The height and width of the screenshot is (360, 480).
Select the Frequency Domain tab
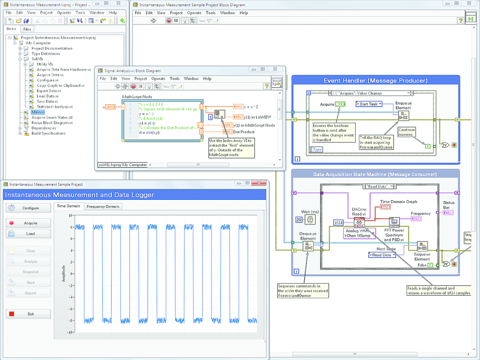pyautogui.click(x=103, y=206)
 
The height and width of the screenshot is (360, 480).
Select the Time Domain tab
pyautogui.click(x=68, y=206)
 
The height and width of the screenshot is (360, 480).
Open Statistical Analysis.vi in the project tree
pyautogui.click(x=54, y=107)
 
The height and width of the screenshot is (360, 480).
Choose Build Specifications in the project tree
pyautogui.click(x=48, y=133)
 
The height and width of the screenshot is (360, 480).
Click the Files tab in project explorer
pyautogui.click(x=27, y=29)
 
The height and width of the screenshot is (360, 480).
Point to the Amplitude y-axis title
pyautogui.click(x=64, y=274)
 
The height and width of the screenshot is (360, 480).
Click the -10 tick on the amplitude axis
pyautogui.click(x=68, y=332)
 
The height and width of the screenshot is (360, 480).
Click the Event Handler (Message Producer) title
pyautogui.click(x=375, y=81)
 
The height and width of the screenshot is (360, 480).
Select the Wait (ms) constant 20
pyautogui.click(x=299, y=219)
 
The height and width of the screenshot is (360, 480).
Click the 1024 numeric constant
pyautogui.click(x=339, y=222)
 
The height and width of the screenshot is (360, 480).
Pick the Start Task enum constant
pyautogui.click(x=369, y=104)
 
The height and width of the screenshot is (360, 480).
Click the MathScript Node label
pyautogui.click(x=137, y=97)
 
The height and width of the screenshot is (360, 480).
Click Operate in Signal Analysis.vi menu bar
pyautogui.click(x=158, y=79)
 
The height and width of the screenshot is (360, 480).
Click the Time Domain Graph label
pyautogui.click(x=398, y=202)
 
